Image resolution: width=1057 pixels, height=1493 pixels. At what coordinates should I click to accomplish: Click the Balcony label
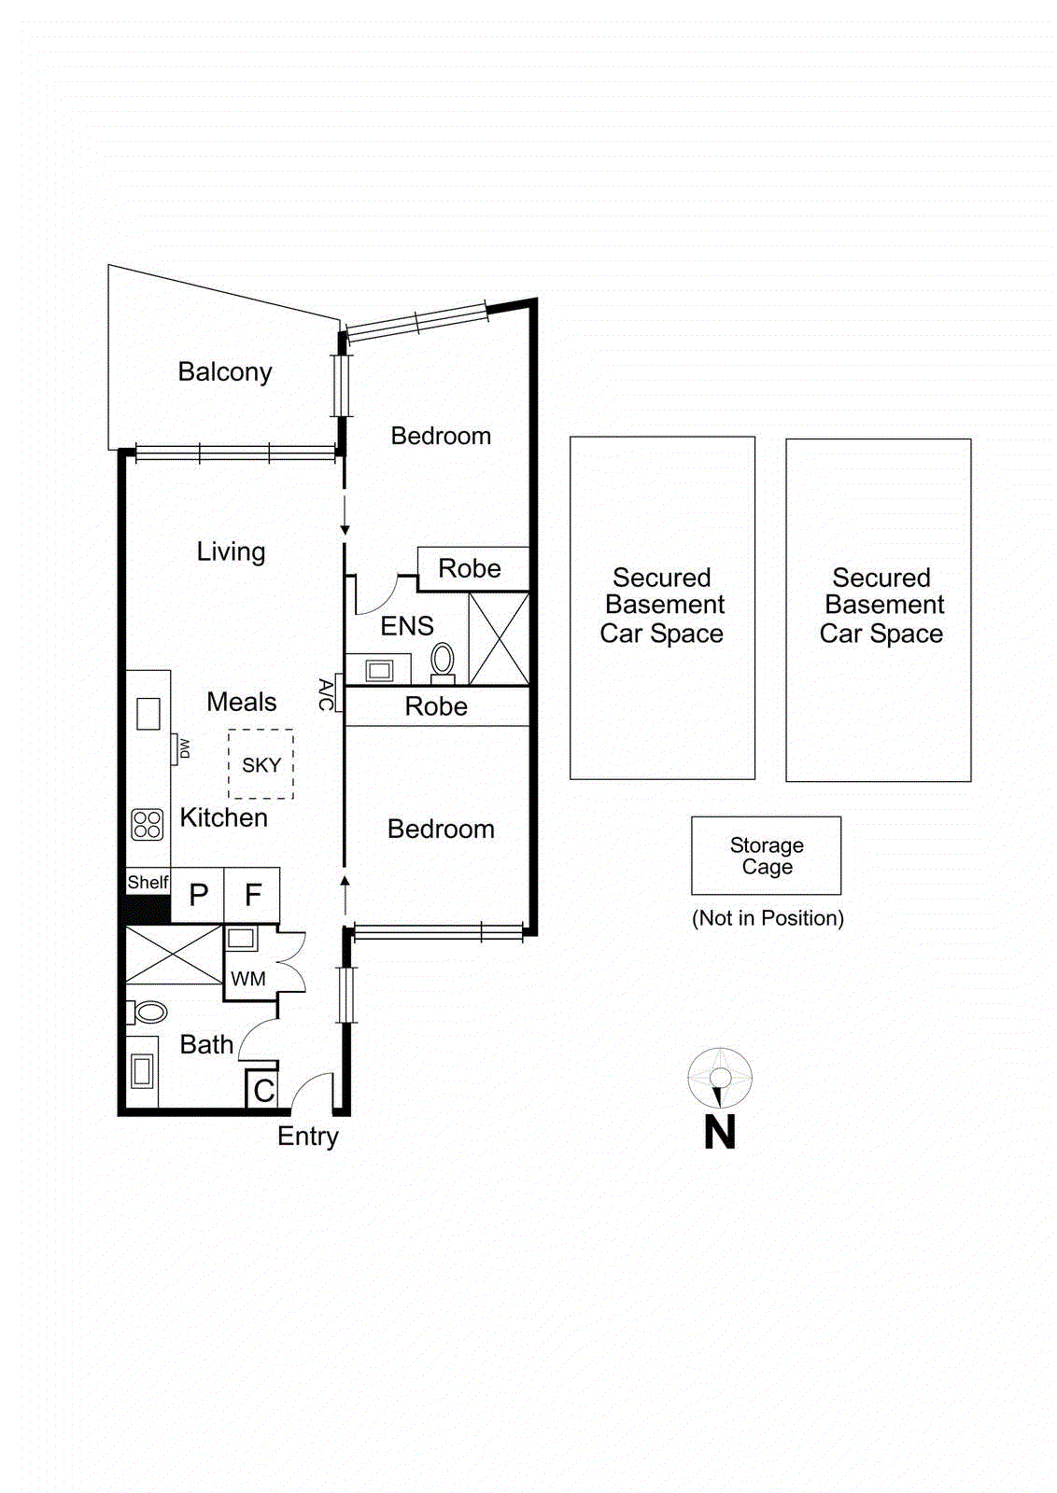pyautogui.click(x=224, y=371)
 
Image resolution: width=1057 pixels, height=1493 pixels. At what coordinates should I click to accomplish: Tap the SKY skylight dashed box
pyautogui.click(x=261, y=764)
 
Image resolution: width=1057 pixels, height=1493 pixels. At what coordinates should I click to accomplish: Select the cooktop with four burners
pyautogui.click(x=147, y=824)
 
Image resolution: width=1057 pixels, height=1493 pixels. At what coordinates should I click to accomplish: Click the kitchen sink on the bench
pyautogui.click(x=148, y=714)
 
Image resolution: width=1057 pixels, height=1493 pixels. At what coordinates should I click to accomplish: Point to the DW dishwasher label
pyautogui.click(x=184, y=748)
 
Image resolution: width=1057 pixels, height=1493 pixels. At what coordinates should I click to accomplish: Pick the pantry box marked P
pyautogui.click(x=198, y=895)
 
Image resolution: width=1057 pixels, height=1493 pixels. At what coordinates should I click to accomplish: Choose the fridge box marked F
pyautogui.click(x=252, y=895)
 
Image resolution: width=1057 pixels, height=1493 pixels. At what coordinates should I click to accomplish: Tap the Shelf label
pyautogui.click(x=148, y=882)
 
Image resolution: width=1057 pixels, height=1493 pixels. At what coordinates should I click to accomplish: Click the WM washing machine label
pyautogui.click(x=247, y=979)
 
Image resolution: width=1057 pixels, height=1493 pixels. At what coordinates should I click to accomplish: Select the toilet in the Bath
pyautogui.click(x=148, y=1012)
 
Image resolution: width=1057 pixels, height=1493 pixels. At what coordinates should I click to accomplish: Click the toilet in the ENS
pyautogui.click(x=443, y=660)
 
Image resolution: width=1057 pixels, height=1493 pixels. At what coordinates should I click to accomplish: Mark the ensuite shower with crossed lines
pyautogui.click(x=499, y=638)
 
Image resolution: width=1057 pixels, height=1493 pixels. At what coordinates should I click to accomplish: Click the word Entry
pyautogui.click(x=307, y=1136)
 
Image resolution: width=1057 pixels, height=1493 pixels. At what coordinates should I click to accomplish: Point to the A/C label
pyautogui.click(x=325, y=694)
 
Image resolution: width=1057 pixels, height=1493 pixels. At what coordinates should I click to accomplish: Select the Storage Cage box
pyautogui.click(x=766, y=856)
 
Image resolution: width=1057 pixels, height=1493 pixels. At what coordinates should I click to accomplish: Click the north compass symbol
pyautogui.click(x=720, y=1079)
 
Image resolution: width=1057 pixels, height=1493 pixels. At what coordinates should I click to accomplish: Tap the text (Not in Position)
pyautogui.click(x=768, y=918)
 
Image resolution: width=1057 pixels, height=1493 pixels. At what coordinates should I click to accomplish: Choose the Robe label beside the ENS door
pyautogui.click(x=470, y=568)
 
